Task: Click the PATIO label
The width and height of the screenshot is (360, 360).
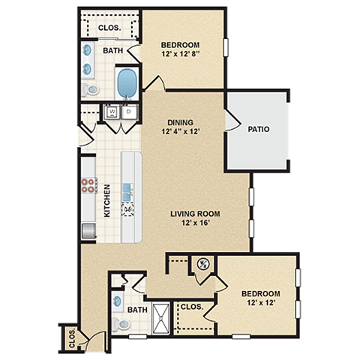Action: click(259, 130)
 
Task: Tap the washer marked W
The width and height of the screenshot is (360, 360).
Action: click(112, 112)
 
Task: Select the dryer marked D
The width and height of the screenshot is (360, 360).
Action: click(128, 112)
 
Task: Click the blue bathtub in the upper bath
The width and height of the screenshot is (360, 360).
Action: click(127, 82)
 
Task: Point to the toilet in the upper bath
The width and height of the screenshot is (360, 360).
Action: click(92, 89)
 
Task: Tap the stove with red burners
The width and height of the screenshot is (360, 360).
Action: click(89, 185)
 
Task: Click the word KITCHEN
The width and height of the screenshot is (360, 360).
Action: click(107, 201)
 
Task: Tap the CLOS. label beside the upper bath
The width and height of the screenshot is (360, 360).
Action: click(109, 28)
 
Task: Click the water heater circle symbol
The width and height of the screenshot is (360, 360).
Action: click(202, 263)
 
